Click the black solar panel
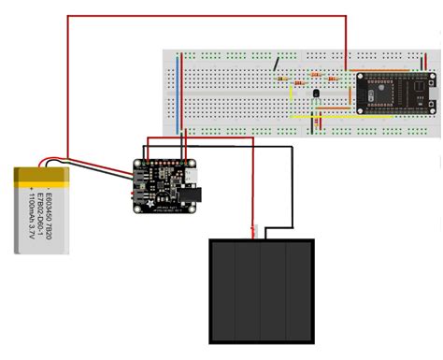point(261,291)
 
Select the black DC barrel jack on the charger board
point(197,194)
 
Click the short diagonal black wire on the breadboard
point(276,65)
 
